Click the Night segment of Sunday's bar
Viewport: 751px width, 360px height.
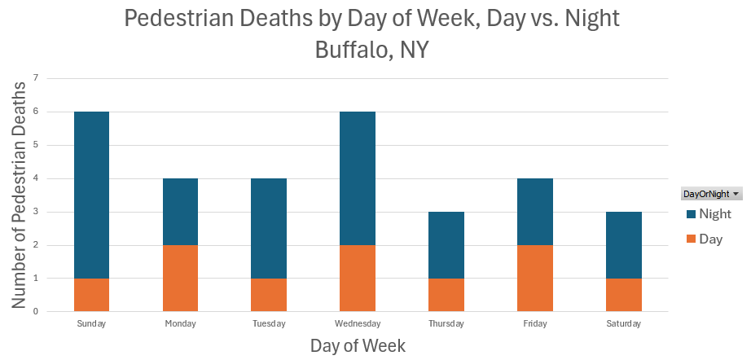click(91, 194)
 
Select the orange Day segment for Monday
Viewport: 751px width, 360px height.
click(180, 278)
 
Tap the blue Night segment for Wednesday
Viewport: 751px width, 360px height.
click(358, 178)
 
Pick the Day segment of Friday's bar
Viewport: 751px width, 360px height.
click(535, 278)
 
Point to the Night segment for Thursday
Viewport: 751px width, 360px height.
click(446, 244)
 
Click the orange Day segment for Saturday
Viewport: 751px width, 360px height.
click(624, 294)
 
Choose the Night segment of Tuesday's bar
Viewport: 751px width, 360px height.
click(269, 228)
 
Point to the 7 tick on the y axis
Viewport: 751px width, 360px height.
click(35, 78)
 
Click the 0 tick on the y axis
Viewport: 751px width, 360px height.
click(35, 311)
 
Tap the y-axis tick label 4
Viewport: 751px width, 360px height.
click(35, 178)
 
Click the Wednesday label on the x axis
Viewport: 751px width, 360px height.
click(358, 324)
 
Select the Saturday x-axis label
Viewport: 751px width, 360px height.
click(624, 324)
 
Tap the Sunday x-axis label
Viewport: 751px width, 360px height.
click(91, 324)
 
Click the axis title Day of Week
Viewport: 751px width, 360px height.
click(358, 345)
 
